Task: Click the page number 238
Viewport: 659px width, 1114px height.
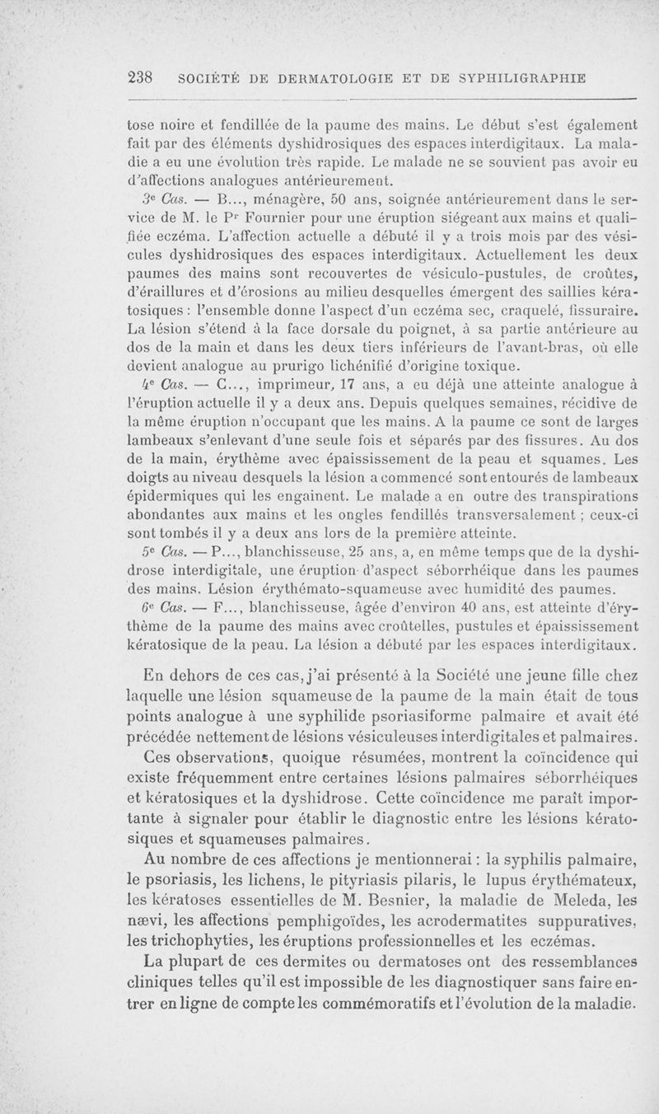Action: pyautogui.click(x=143, y=78)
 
